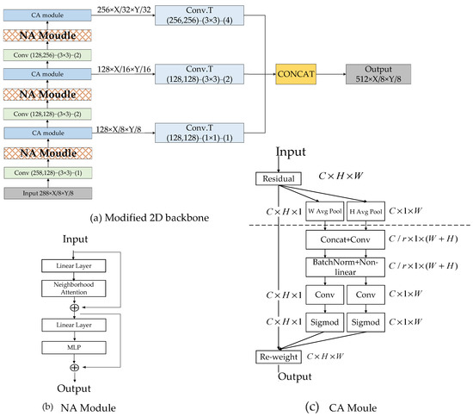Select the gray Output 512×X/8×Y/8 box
(x=383, y=75)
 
